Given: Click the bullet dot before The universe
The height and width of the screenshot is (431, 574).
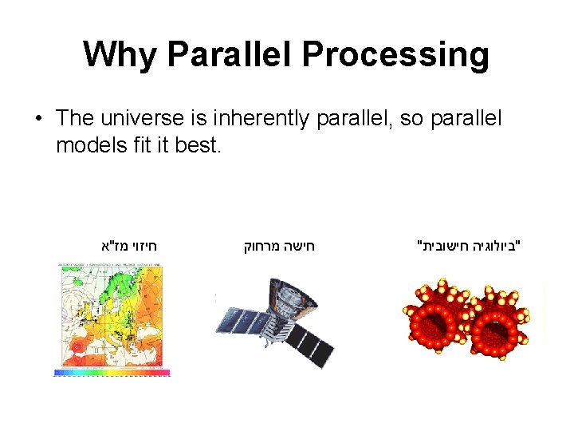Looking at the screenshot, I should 37,119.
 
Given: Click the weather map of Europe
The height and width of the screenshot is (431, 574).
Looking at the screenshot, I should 111,315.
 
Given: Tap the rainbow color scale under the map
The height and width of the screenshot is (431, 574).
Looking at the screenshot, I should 112,373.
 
